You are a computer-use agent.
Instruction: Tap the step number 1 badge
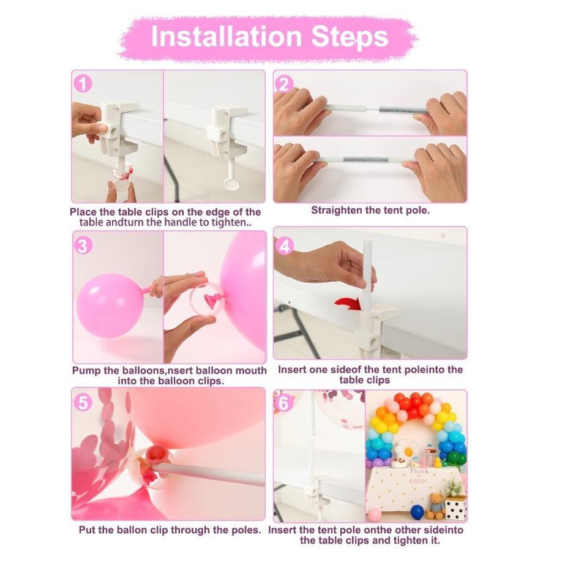(x=83, y=83)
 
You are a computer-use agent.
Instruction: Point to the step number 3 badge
(x=83, y=245)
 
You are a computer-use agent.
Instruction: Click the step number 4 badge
(x=285, y=245)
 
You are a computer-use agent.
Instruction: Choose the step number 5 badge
(x=83, y=402)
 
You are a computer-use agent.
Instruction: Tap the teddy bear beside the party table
(x=435, y=506)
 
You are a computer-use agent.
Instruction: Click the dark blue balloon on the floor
(x=417, y=512)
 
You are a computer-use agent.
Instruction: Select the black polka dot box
(x=455, y=507)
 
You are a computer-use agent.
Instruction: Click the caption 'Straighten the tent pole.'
(x=370, y=210)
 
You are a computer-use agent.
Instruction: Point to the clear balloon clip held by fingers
(x=205, y=298)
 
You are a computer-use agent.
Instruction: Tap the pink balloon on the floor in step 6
(x=375, y=515)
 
